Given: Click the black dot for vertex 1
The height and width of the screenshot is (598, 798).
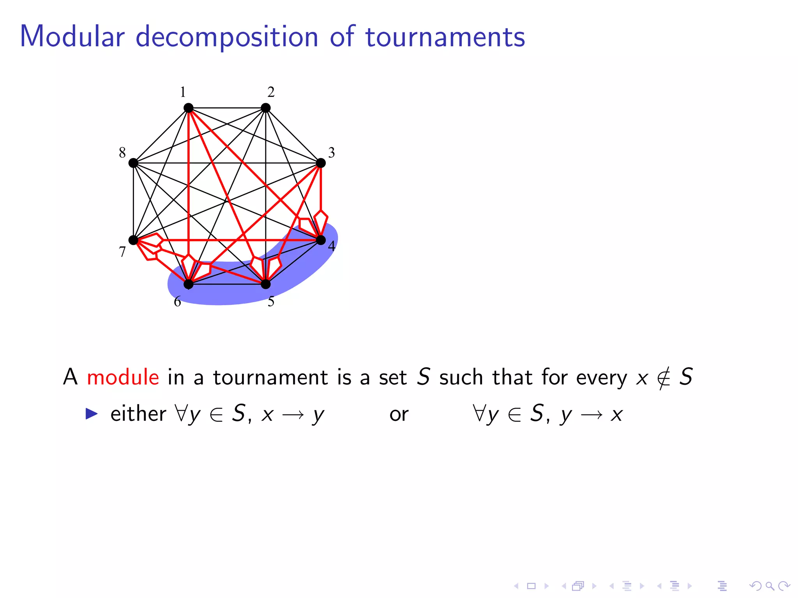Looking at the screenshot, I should pos(189,108).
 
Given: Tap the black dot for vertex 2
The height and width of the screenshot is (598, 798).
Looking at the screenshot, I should pos(266,108).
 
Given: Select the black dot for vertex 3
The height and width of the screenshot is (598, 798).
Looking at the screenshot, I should pos(321,163).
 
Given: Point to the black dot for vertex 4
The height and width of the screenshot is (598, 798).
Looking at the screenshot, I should pos(321,240).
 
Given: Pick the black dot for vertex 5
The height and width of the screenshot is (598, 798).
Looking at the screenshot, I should pos(266,284).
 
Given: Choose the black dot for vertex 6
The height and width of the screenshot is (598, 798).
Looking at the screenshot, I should pos(189,284).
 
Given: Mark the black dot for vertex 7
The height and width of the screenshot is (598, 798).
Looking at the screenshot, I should pos(134,240).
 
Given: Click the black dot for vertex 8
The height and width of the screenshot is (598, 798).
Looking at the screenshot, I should pos(134,163).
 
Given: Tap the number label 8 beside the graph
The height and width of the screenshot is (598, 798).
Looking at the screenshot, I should pos(122,153).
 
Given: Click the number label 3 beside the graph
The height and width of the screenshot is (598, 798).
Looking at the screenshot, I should pos(332,153).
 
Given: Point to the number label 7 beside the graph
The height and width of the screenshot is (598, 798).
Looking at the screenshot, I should pos(122,252).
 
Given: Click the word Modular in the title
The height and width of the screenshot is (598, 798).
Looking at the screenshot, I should pos(72,37).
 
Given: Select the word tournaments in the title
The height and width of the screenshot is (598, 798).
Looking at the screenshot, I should pos(445,37).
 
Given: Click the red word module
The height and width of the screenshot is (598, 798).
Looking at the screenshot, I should pos(123,377).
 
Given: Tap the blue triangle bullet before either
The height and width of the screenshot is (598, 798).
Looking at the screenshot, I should pos(92,413).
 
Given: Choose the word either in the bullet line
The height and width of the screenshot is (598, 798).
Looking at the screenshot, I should pos(138,413).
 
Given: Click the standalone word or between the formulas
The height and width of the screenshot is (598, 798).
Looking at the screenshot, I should pos(399,414).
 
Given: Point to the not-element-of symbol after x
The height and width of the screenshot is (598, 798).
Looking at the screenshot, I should pos(663,378).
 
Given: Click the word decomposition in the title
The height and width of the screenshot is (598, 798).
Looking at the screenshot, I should pos(227,37).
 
